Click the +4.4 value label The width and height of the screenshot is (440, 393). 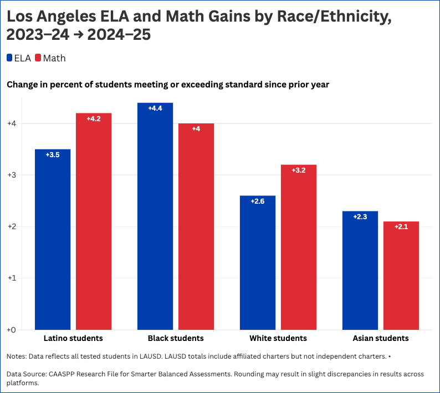155,108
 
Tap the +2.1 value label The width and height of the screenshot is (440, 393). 401,227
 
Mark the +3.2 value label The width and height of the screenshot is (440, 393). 299,170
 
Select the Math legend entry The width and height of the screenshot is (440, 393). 50,58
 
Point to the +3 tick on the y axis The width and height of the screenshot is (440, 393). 11,175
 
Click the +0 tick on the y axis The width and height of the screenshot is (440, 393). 11,330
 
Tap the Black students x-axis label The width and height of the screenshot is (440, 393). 176,338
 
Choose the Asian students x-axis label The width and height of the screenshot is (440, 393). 381,338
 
